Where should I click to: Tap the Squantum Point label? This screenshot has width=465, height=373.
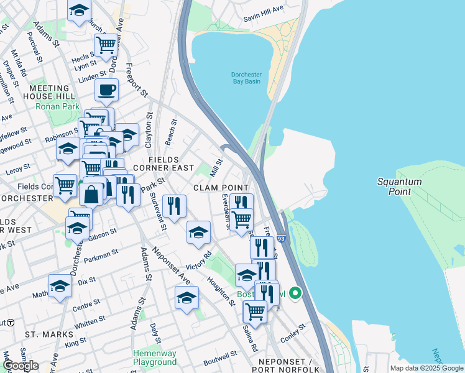[399, 186]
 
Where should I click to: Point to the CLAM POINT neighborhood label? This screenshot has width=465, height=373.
[216, 188]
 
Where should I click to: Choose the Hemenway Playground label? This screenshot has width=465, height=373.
[155, 357]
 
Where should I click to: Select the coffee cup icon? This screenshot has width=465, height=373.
[107, 90]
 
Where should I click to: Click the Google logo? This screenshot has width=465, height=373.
[21, 366]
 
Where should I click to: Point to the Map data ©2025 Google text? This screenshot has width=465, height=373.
[426, 368]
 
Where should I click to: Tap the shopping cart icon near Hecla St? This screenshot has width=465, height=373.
[106, 45]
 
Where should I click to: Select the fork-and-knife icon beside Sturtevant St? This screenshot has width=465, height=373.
[173, 205]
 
